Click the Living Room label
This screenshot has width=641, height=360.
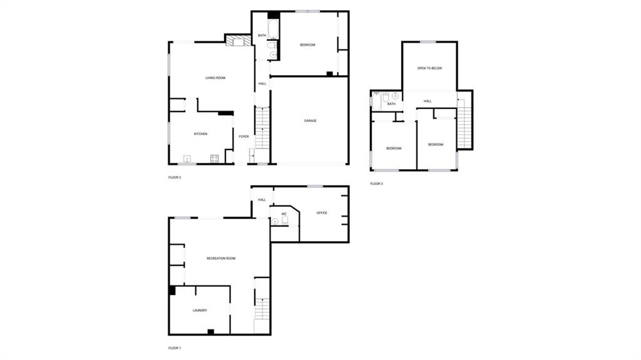pyautogui.click(x=215, y=78)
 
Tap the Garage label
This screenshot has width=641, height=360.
pyautogui.click(x=310, y=121)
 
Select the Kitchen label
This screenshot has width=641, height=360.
pyautogui.click(x=200, y=134)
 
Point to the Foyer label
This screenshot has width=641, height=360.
pyautogui.click(x=244, y=136)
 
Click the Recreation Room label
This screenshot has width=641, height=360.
pyautogui.click(x=221, y=259)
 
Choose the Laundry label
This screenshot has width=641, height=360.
pyautogui.click(x=200, y=311)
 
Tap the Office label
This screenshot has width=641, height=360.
pyautogui.click(x=322, y=213)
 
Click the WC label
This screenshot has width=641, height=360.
pyautogui.click(x=284, y=213)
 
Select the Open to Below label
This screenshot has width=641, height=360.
pyautogui.click(x=429, y=68)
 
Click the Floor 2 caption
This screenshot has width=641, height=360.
pyautogui.click(x=175, y=178)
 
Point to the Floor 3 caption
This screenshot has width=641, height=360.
pyautogui.click(x=376, y=183)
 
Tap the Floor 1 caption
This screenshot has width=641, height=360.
pyautogui.click(x=175, y=348)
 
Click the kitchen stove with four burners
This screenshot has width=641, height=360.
pyautogui.click(x=214, y=159)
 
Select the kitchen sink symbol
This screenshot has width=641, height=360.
pyautogui.click(x=187, y=159)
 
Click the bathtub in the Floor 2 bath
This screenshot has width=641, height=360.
pyautogui.click(x=273, y=29)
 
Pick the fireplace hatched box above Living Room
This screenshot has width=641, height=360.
pyautogui.click(x=238, y=41)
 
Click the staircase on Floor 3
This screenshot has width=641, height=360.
pyautogui.click(x=464, y=123)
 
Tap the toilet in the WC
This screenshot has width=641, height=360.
pyautogui.click(x=285, y=221)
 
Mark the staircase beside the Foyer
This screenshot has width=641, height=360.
pyautogui.click(x=262, y=128)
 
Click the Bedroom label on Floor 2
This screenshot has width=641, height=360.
pyautogui.click(x=307, y=45)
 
